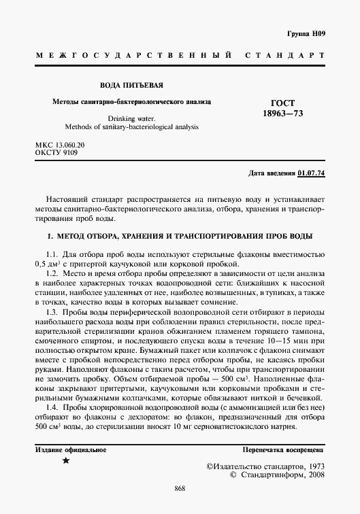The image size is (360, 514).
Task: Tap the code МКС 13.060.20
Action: [x=60, y=145]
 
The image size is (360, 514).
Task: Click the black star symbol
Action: [x=66, y=462]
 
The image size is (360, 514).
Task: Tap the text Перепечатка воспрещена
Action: [x=283, y=450]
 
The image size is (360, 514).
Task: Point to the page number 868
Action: [x=180, y=490]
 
